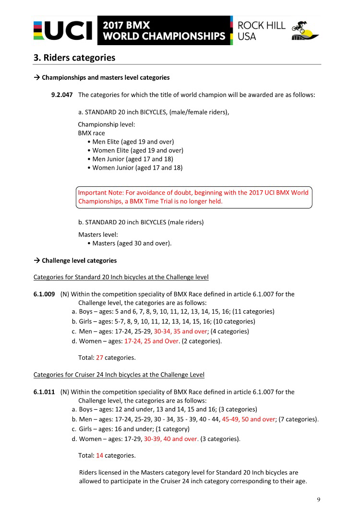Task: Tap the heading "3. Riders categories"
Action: pyautogui.click(x=74, y=58)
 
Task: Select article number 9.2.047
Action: pyautogui.click(x=61, y=95)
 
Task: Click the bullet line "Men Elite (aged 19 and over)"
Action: pyautogui.click(x=132, y=142)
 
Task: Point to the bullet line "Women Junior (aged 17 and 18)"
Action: pyautogui.click(x=137, y=168)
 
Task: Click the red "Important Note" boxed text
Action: pyautogui.click(x=194, y=197)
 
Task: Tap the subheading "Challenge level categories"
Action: pyautogui.click(x=79, y=261)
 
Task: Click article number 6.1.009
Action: pyautogui.click(x=44, y=294)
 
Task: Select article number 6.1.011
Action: pyautogui.click(x=44, y=392)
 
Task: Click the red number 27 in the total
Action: pyautogui.click(x=100, y=357)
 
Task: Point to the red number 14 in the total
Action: pyautogui.click(x=100, y=455)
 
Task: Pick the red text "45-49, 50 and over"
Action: pyautogui.click(x=249, y=419)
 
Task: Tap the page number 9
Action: pyautogui.click(x=318, y=500)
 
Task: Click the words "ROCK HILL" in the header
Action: pyautogui.click(x=262, y=25)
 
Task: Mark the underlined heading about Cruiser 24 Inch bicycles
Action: pyautogui.click(x=119, y=375)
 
